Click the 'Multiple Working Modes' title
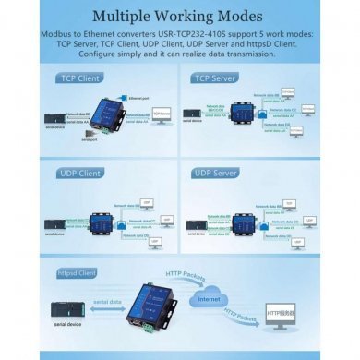[x=180, y=16]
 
